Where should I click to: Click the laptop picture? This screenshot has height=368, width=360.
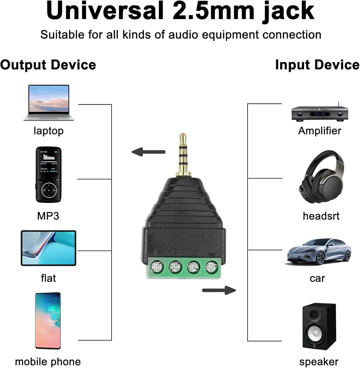49,103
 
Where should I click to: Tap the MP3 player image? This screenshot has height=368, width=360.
48,174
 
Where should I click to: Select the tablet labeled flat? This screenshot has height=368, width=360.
48,248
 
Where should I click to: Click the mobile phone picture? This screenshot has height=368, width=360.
48,321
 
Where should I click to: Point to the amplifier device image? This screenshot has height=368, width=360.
319,113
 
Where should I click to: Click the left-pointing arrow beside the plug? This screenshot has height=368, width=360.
148,152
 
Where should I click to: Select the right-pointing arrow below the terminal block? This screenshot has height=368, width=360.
219,290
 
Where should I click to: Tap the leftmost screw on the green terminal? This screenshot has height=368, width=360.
157,267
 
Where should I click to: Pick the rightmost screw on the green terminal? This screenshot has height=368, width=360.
211,267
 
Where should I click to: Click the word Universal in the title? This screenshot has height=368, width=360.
105,11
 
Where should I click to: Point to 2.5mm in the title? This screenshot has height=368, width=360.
214,11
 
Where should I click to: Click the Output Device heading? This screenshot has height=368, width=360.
48,65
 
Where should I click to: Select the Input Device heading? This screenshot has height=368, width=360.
318,65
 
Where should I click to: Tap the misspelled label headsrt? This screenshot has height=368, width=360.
321,216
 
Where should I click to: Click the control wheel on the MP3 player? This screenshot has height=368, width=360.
49,190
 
